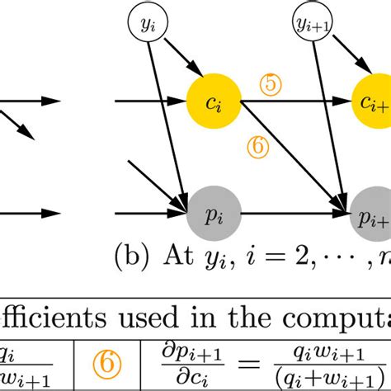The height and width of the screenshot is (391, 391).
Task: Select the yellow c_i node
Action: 214,103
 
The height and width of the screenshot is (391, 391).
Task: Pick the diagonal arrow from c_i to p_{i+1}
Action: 289,157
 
